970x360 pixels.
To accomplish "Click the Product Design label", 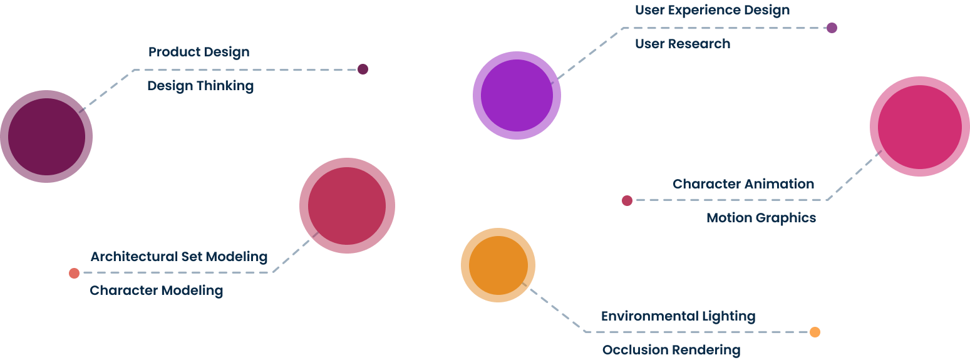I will point(199,52).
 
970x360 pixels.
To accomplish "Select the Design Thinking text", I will point(200,86).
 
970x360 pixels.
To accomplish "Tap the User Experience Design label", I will point(712,10).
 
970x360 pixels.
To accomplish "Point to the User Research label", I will point(683,44).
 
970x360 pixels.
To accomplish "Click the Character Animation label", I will point(743,184).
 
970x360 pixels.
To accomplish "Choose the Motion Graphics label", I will point(761,218).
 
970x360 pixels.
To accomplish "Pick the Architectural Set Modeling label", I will point(179,257).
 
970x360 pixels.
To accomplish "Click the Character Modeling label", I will point(157,291).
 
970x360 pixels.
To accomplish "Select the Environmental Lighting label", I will point(678,316).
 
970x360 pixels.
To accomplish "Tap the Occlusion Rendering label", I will point(671,350).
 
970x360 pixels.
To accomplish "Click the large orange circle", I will point(498,265).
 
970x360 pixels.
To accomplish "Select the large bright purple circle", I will point(517,95).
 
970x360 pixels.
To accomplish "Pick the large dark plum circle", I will point(46,136).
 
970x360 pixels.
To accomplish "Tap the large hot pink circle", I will point(919,126).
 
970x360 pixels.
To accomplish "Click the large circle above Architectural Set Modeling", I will point(347,205).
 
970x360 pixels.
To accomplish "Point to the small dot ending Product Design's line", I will point(363,69).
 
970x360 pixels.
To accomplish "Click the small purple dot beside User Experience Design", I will point(832,28).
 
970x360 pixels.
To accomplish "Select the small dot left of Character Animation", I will point(627,200).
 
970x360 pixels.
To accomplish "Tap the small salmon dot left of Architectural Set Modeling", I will point(74,273).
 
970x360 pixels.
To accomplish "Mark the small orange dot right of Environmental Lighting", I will point(815,332).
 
